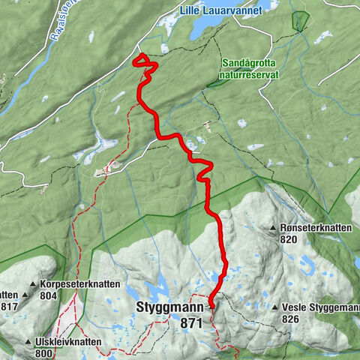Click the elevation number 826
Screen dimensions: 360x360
coord(290,319)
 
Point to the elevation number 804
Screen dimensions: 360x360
coord(48,296)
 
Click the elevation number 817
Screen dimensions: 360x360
coord(9,306)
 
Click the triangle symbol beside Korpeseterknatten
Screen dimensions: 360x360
coord(34,285)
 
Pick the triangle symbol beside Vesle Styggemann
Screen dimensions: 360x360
coord(275,307)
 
